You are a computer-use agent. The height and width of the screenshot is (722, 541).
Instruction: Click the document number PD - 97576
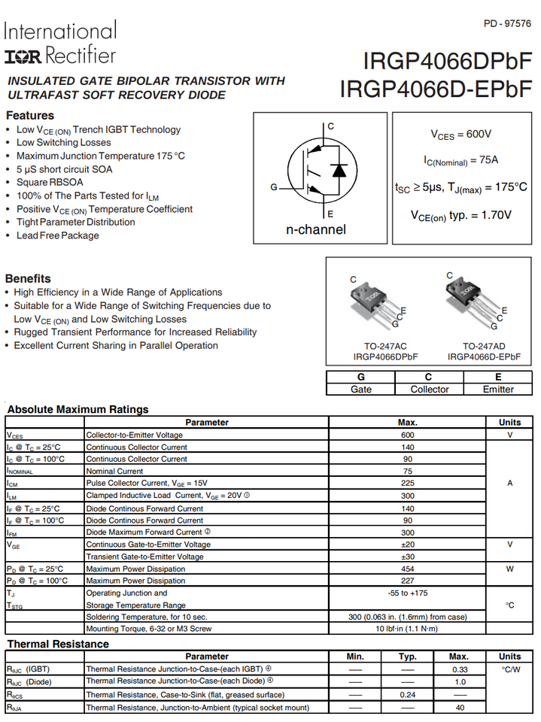tap(506, 24)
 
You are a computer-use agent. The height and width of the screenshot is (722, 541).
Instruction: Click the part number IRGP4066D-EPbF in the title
tap(436, 89)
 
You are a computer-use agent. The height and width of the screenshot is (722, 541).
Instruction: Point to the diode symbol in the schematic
tap(339, 169)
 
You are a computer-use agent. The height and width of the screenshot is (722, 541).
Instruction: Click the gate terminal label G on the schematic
tap(274, 187)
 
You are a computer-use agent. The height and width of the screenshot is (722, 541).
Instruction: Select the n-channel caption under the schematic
tap(316, 229)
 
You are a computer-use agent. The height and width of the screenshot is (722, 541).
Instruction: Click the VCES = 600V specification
tap(460, 134)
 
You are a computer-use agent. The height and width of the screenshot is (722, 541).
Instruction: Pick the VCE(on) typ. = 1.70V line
tap(460, 215)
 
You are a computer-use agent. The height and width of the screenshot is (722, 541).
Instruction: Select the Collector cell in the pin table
tap(429, 389)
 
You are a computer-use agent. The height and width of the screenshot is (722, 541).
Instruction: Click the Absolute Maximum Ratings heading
tap(78, 409)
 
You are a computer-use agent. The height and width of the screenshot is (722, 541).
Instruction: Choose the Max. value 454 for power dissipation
tap(408, 569)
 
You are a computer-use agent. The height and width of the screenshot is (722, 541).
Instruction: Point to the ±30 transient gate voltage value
tap(408, 557)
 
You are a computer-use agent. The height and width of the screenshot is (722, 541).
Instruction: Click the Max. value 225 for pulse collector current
tap(408, 483)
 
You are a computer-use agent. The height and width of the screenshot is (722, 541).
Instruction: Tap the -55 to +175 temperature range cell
tap(408, 593)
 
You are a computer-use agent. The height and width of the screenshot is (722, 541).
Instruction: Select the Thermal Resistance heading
tap(58, 644)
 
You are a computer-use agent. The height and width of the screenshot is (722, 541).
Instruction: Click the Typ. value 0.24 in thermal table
tap(408, 694)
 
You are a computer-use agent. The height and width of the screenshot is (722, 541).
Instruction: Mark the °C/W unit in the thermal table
tap(510, 669)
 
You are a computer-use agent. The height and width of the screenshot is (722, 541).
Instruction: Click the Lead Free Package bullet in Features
tap(58, 235)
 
